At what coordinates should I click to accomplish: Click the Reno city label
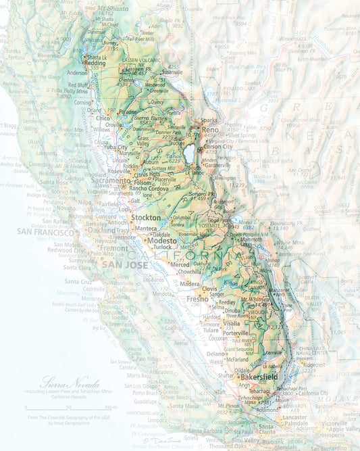[210, 129]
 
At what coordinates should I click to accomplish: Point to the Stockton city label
[147, 218]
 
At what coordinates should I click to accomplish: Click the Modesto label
[162, 241]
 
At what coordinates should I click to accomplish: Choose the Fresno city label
[198, 298]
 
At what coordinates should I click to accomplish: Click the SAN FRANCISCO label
[46, 232]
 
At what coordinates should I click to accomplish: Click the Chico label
[102, 118]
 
